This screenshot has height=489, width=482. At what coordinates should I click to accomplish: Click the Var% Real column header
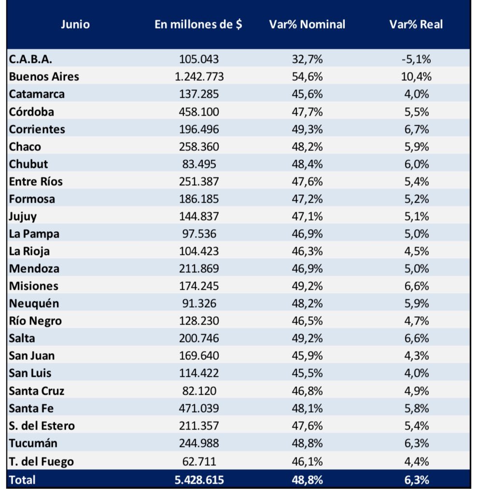click(416, 24)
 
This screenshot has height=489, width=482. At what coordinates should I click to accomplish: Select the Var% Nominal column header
click(307, 24)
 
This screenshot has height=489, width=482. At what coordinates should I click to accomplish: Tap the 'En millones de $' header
click(198, 24)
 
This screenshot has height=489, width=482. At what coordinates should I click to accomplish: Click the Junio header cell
click(75, 24)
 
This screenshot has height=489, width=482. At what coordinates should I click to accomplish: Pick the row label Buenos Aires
click(44, 77)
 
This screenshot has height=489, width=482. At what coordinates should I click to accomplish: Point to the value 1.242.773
click(199, 77)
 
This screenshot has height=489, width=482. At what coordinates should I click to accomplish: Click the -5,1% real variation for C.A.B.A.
click(416, 59)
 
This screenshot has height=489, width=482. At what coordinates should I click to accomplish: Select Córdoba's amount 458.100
click(199, 112)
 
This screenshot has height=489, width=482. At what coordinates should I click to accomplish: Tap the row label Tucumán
click(33, 443)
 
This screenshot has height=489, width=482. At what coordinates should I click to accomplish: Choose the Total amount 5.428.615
click(199, 480)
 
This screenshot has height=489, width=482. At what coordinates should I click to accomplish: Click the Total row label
click(22, 480)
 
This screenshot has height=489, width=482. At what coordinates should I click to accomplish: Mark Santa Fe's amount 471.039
click(199, 408)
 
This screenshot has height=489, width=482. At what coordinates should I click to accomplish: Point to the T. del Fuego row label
click(41, 461)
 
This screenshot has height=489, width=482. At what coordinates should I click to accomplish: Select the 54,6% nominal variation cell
click(307, 77)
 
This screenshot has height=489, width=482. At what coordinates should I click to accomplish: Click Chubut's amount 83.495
click(199, 164)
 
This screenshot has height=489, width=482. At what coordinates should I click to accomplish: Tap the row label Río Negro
click(35, 321)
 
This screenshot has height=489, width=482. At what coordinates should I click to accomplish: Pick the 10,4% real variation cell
click(416, 77)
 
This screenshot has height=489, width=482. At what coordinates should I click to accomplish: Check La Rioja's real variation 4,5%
click(417, 252)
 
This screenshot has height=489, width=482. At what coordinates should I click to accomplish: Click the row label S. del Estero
click(42, 426)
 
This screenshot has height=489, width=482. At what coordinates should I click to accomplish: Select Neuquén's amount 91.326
click(199, 303)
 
